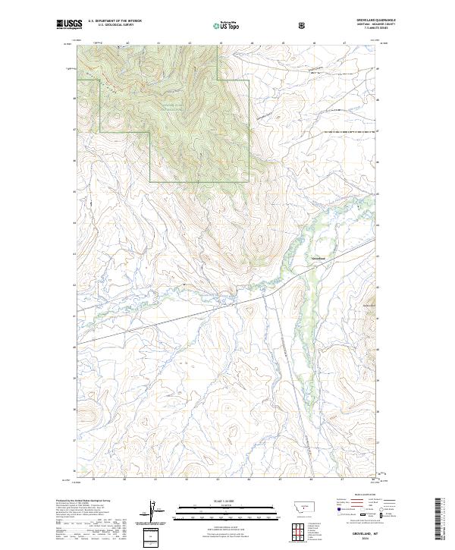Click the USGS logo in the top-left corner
[x=69, y=25]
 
